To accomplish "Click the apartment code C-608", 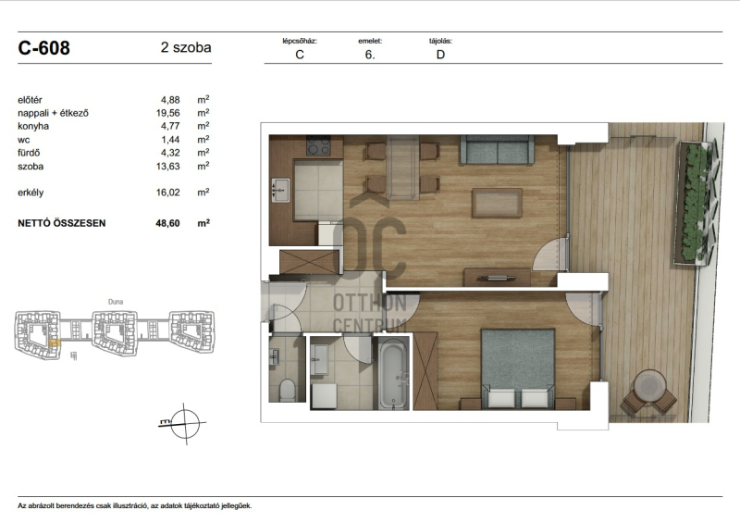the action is pyautogui.click(x=43, y=48).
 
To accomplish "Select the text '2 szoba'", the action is pyautogui.click(x=186, y=47).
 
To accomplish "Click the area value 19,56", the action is pyautogui.click(x=168, y=113).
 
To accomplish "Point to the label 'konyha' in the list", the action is pyautogui.click(x=33, y=126).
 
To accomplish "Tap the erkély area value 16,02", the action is pyautogui.click(x=168, y=193).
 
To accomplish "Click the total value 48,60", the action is pyautogui.click(x=168, y=223).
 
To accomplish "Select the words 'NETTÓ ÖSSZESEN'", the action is pyautogui.click(x=62, y=223).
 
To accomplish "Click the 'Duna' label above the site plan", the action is pyautogui.click(x=116, y=302).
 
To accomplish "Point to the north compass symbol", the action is pyautogui.click(x=184, y=423).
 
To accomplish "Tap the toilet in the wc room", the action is pyautogui.click(x=287, y=390).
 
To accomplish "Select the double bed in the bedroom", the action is pyautogui.click(x=518, y=368).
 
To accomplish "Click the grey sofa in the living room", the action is pyautogui.click(x=497, y=150).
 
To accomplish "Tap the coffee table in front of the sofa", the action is pyautogui.click(x=497, y=203).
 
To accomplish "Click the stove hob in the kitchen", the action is pyautogui.click(x=318, y=145).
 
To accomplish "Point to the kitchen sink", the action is pyautogui.click(x=281, y=191).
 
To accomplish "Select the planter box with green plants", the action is pyautogui.click(x=696, y=202).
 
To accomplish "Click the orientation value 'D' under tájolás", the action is pyautogui.click(x=440, y=55).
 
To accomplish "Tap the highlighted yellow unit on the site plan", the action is pyautogui.click(x=54, y=343).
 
